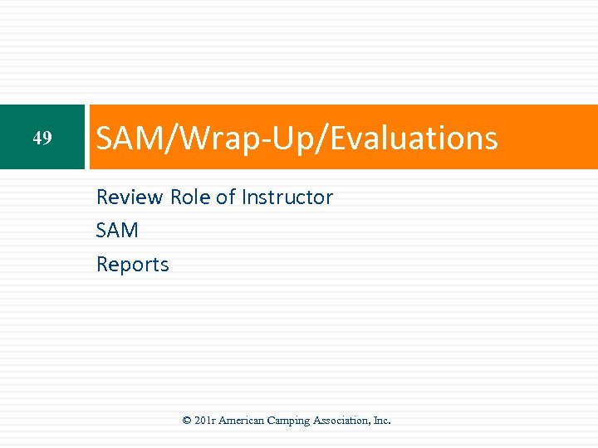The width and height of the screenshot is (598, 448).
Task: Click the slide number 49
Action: (x=42, y=138)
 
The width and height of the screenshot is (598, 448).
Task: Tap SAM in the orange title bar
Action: (x=125, y=138)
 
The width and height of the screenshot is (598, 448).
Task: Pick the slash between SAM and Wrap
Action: (x=161, y=138)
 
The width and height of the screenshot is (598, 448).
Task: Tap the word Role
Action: (x=190, y=197)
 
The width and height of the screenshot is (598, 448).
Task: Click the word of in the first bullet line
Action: (x=226, y=197)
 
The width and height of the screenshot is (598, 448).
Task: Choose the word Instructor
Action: (x=287, y=197)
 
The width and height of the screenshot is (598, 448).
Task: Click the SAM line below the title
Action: (x=117, y=231)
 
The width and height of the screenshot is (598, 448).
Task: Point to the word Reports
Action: (x=133, y=265)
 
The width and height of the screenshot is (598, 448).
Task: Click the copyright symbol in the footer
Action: (x=187, y=421)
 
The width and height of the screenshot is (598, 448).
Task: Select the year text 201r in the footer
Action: (x=206, y=421)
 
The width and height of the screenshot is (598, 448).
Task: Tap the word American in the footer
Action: (x=243, y=421)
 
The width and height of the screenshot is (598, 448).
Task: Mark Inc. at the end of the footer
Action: (x=382, y=421)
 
